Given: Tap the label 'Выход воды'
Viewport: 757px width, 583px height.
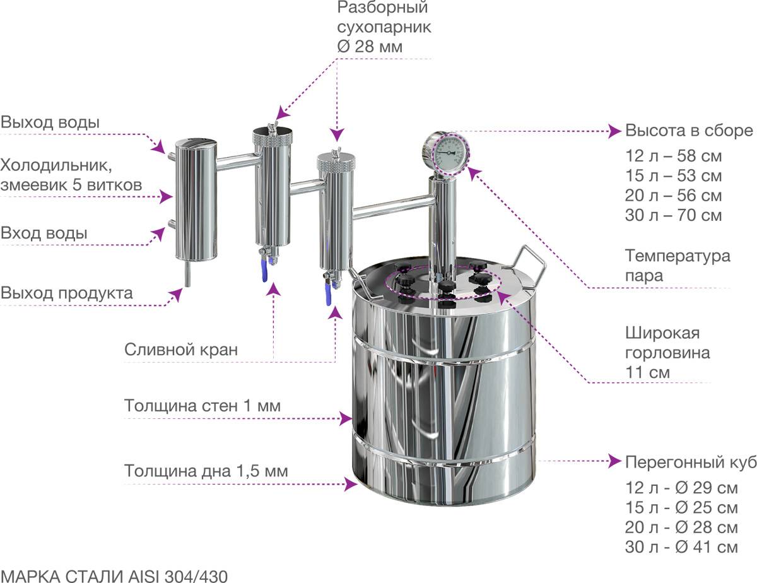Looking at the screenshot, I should [x=50, y=122].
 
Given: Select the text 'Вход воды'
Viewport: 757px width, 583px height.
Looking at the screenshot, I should [x=44, y=233].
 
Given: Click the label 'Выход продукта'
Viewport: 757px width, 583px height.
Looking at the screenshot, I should [x=67, y=293].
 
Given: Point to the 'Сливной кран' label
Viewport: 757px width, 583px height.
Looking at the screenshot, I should [x=181, y=350].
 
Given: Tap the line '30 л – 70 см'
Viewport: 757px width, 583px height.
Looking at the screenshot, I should [x=673, y=216].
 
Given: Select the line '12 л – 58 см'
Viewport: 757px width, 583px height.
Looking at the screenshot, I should [x=673, y=156].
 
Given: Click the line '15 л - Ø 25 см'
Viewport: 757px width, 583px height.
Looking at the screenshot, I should [x=681, y=507].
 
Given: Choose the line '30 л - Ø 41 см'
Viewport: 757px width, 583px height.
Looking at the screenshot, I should [x=681, y=547].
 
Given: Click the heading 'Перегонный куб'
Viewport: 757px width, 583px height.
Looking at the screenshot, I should [x=690, y=462].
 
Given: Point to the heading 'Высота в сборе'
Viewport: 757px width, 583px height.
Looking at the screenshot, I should [x=689, y=131].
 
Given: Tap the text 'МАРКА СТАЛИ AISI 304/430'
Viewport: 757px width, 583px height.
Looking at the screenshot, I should [x=114, y=575].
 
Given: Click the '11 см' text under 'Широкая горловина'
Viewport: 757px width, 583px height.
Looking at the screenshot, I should [x=648, y=372].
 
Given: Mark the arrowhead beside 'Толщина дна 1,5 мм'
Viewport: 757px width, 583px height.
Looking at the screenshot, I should [x=346, y=484].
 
